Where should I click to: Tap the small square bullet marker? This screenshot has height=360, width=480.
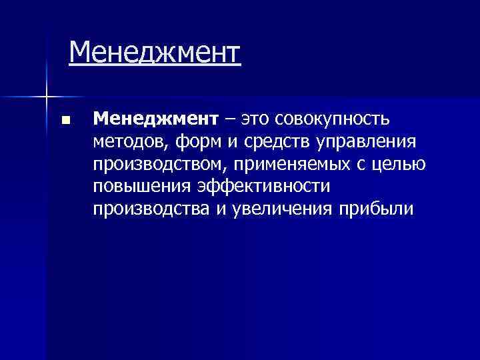(x=65, y=121)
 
